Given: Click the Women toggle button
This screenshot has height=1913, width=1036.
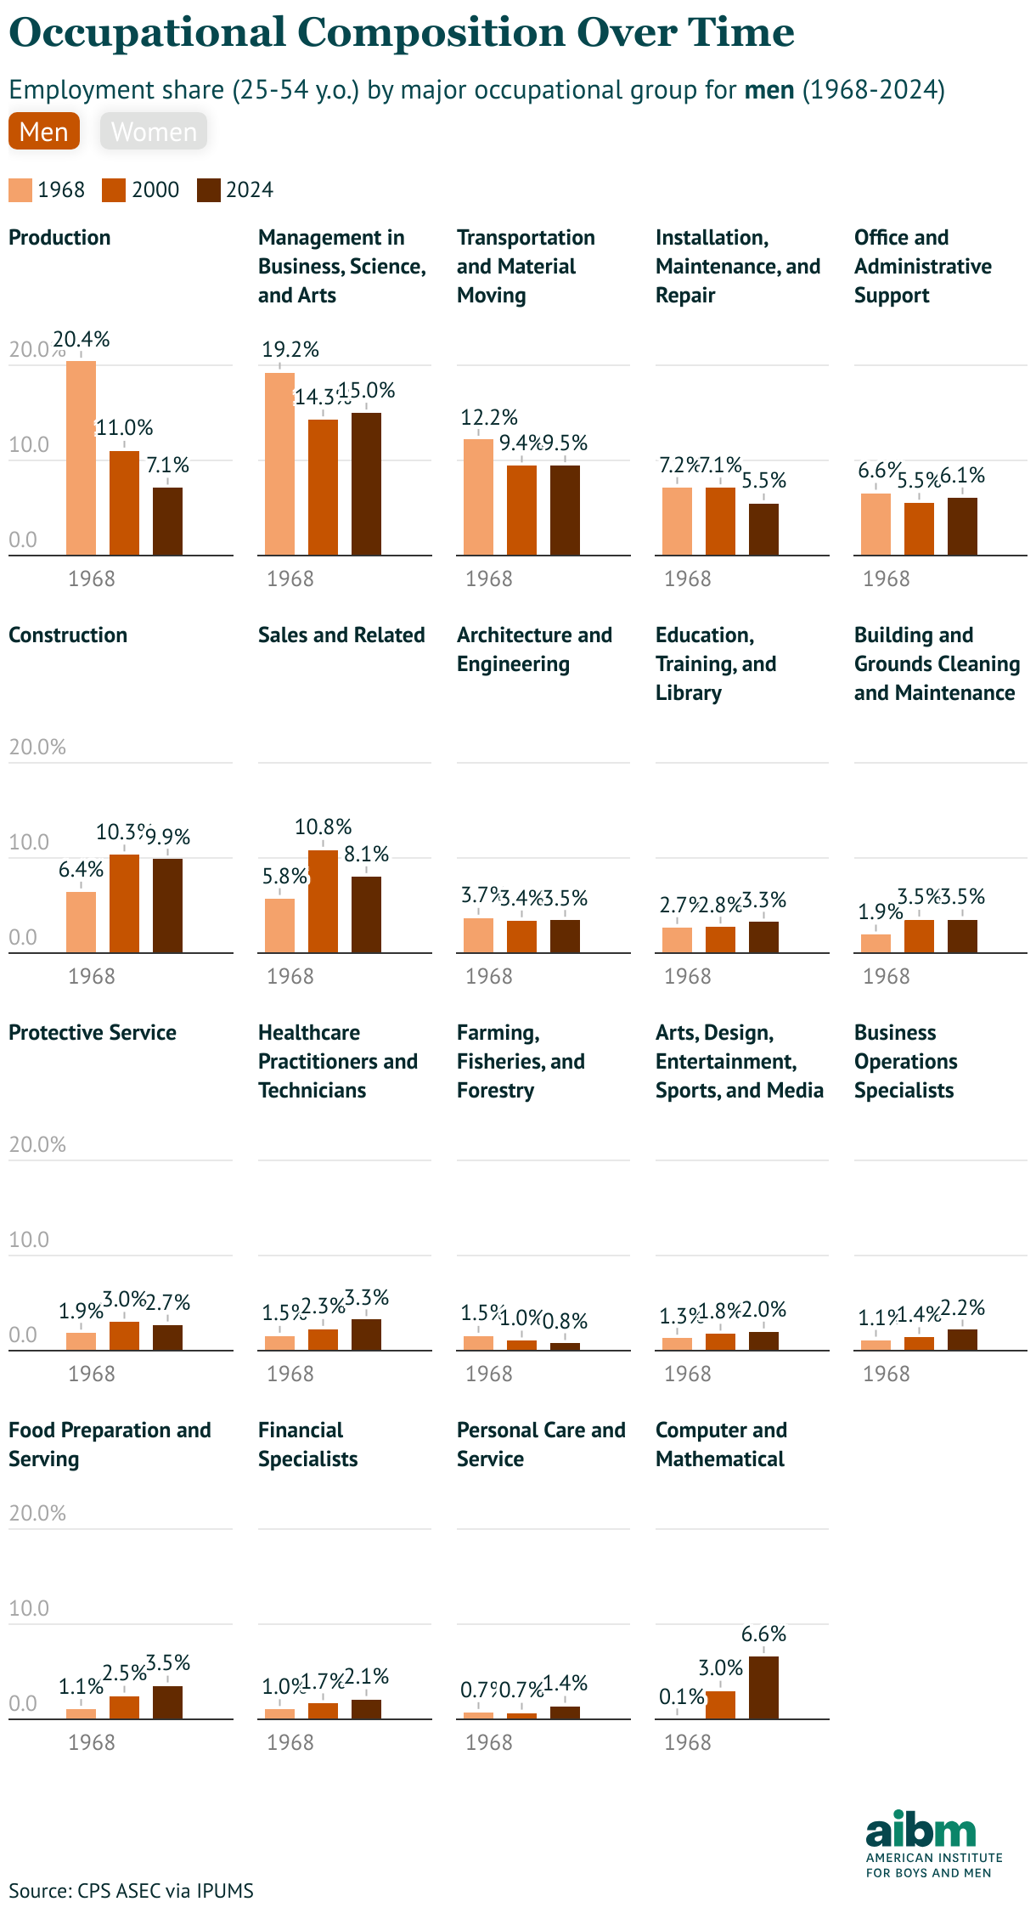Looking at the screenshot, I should tap(154, 132).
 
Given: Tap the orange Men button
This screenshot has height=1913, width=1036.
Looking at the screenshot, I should tap(44, 132).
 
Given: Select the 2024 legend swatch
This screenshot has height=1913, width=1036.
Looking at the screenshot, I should tap(209, 189).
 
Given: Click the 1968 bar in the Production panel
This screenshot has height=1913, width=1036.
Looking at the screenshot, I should tap(81, 459).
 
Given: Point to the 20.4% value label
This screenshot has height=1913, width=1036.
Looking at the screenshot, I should tap(82, 340).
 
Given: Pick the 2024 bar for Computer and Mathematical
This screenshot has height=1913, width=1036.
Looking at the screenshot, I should tap(763, 1688).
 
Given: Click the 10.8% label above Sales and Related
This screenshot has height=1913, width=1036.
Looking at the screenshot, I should tap(323, 827).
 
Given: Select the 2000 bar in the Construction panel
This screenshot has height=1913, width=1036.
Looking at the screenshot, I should tap(124, 904).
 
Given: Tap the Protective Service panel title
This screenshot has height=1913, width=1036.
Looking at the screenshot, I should tap(93, 1033).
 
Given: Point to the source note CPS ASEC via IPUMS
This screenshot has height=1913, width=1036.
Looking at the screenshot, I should tap(131, 1891).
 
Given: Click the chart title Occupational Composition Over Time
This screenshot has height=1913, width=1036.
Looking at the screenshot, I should tap(402, 33).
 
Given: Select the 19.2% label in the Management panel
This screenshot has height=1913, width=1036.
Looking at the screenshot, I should tap(290, 349).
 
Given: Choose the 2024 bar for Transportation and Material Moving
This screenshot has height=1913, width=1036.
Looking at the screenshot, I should tap(565, 511).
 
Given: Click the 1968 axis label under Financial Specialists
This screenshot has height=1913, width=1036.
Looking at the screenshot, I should tap(290, 1742).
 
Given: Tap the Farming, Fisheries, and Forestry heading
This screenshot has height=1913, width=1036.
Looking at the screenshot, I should tap(521, 1061).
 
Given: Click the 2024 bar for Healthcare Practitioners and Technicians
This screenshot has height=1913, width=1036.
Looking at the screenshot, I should tap(366, 1335).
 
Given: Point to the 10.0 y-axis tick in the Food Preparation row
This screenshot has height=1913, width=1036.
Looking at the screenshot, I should tap(29, 1608).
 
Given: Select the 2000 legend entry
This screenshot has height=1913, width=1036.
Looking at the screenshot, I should tap(141, 189).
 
